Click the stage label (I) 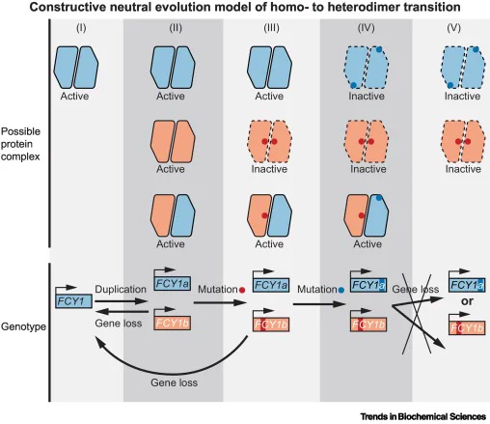[x=81, y=28]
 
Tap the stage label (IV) [x=366, y=28]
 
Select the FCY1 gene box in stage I [x=73, y=301]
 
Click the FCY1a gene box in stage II [x=173, y=284]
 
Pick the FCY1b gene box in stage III [x=271, y=325]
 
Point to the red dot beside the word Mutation [x=242, y=290]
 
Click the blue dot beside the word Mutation [x=341, y=290]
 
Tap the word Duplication [x=121, y=289]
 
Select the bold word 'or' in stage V [x=467, y=301]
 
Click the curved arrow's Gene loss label [x=174, y=382]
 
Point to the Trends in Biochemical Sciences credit [x=422, y=416]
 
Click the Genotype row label [x=23, y=326]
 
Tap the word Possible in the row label [x=20, y=131]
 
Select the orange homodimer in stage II [x=173, y=141]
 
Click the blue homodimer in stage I [x=76, y=67]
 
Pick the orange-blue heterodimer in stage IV [x=367, y=215]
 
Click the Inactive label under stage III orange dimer [x=269, y=169]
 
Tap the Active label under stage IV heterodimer [x=367, y=243]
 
